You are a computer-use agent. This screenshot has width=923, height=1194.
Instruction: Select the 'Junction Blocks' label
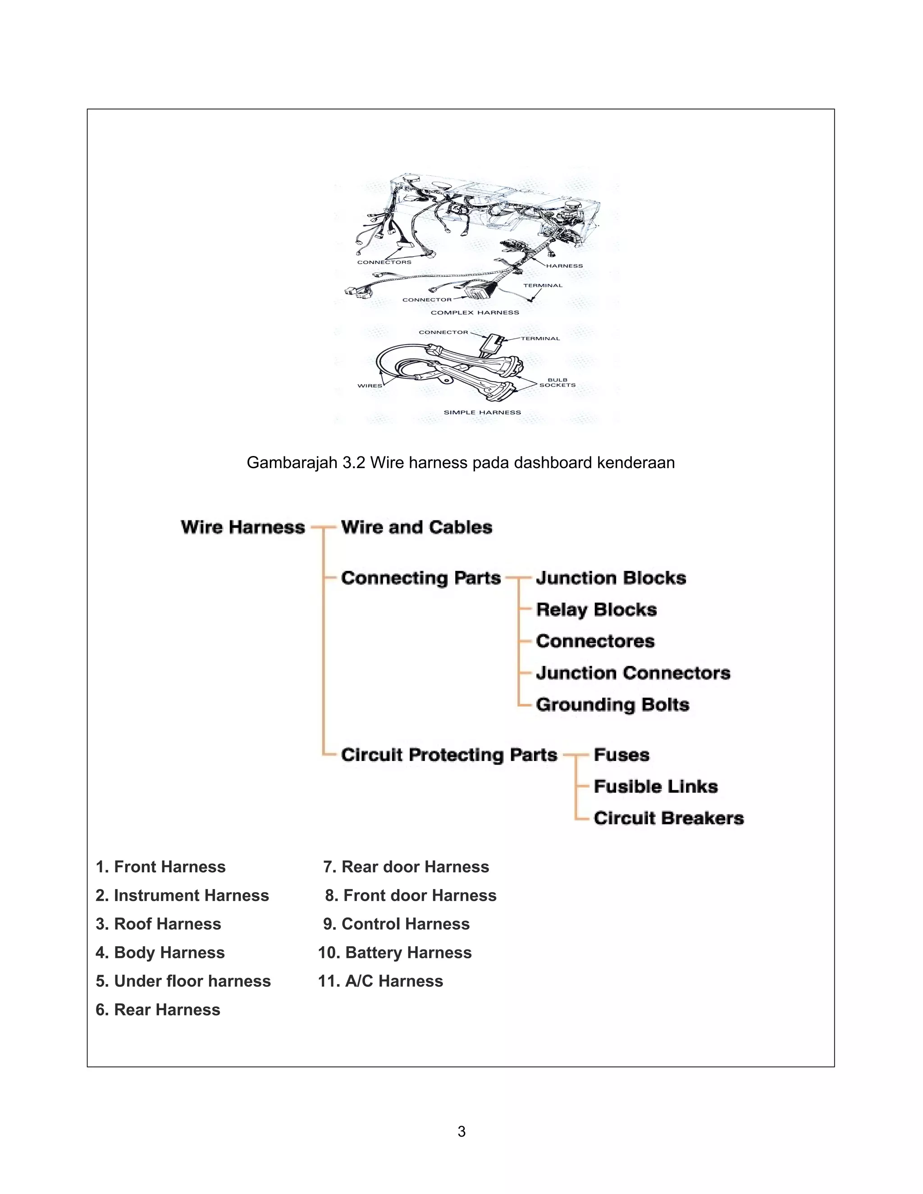[x=611, y=578]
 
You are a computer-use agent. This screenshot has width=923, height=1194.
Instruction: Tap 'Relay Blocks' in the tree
[x=596, y=610]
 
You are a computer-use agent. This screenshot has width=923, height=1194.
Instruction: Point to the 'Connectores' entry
[x=595, y=641]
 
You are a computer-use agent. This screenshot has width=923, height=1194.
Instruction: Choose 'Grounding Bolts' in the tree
[x=612, y=705]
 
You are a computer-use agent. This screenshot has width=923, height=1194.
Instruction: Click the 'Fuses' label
[x=621, y=755]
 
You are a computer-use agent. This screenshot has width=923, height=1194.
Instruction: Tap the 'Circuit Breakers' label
[x=668, y=818]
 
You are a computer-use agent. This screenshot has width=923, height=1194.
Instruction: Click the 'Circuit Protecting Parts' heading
[x=448, y=755]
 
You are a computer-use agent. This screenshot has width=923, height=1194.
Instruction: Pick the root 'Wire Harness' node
[x=243, y=527]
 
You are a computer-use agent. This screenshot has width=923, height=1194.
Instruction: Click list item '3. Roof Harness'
[x=158, y=924]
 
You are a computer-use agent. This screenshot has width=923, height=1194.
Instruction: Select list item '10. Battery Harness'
[x=394, y=952]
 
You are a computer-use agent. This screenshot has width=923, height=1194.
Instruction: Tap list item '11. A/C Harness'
[x=380, y=981]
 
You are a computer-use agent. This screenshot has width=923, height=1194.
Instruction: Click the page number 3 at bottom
[x=461, y=1132]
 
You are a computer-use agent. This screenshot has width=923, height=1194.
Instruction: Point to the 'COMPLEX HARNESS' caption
[x=475, y=313]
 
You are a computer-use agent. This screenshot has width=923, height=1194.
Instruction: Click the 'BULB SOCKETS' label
[x=557, y=383]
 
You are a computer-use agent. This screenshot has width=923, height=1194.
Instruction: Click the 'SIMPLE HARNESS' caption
[x=482, y=412]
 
